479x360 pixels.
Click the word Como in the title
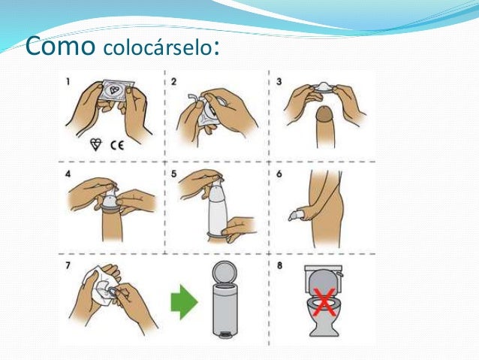point(60,46)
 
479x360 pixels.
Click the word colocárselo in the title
point(158,48)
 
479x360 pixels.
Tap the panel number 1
point(68,82)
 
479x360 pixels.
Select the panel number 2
point(174,82)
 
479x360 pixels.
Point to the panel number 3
point(279,82)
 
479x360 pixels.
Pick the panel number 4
point(68,174)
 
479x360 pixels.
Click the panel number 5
point(174,174)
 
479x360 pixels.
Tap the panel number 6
point(279,174)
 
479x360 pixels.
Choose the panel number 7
point(68,265)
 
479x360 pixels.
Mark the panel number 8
point(279,265)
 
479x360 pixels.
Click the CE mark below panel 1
point(117,144)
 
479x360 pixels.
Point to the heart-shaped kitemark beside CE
point(95,144)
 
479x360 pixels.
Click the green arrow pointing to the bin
point(184,302)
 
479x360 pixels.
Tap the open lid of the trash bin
point(224,272)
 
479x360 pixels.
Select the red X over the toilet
point(324,302)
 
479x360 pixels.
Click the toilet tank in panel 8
point(324,271)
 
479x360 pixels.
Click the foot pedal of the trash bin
point(224,335)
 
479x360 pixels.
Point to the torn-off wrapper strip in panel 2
point(193,98)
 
